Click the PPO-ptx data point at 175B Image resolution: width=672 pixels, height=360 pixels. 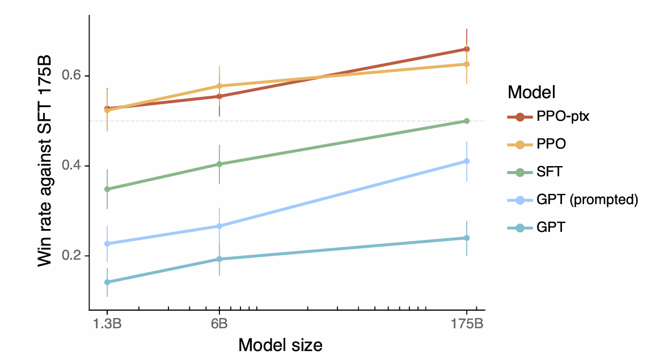point(467,49)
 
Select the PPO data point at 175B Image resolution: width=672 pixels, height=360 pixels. point(467,64)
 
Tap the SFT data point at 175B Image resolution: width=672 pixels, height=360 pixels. point(467,121)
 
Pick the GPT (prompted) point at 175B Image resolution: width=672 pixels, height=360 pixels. point(467,161)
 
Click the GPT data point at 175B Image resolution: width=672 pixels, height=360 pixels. point(467,238)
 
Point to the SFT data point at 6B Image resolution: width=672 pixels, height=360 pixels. point(219,164)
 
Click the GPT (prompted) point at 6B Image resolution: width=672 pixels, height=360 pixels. point(219,226)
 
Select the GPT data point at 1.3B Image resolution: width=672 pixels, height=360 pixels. point(107,282)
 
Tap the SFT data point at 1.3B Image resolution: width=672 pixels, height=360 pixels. point(107,189)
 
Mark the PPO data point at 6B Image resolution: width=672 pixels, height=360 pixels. point(219,86)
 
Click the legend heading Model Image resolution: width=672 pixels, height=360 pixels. point(531,91)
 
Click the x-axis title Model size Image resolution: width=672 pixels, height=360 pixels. point(280,345)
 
